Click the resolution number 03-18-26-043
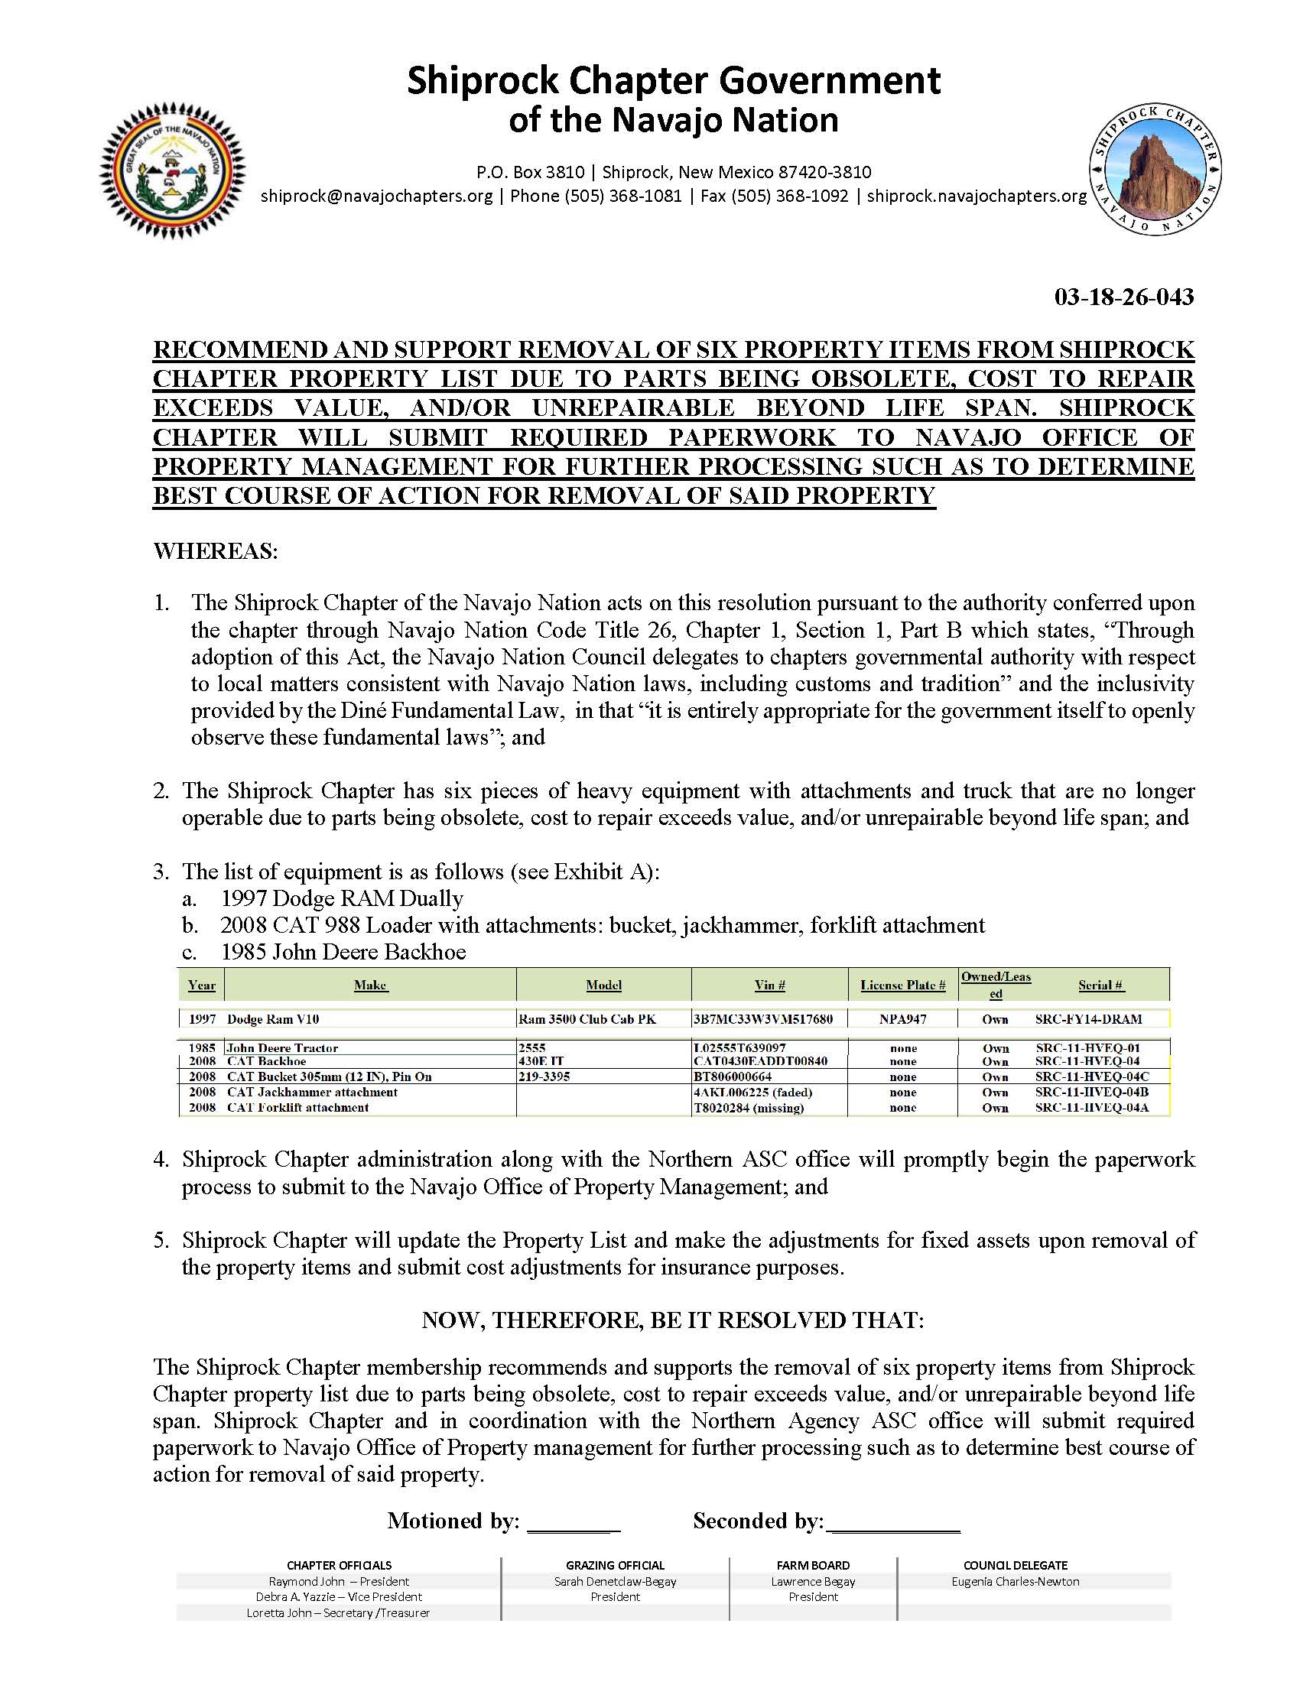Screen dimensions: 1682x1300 click(x=1123, y=297)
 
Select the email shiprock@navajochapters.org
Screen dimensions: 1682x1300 click(x=376, y=196)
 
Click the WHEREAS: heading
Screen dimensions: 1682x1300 click(x=216, y=551)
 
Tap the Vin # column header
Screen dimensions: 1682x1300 click(x=769, y=985)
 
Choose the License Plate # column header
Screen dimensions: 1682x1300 click(x=902, y=985)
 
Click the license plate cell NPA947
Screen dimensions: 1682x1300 click(x=902, y=1019)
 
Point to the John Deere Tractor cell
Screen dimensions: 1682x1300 click(x=283, y=1048)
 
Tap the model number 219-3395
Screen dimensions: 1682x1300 click(x=544, y=1076)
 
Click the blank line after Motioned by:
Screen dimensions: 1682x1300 click(x=574, y=1521)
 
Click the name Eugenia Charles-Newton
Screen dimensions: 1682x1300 click(x=1015, y=1582)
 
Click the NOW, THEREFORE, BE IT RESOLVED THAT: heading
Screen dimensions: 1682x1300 click(x=672, y=1320)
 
